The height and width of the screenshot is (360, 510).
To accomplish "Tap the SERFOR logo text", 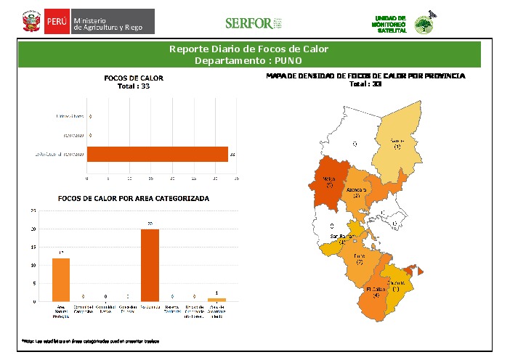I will tap(248, 23).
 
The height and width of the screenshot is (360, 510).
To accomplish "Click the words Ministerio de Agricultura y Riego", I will tap(113, 22).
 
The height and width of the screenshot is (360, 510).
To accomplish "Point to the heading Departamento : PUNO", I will tap(249, 60).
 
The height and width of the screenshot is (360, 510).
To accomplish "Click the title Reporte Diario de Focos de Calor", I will tap(249, 49).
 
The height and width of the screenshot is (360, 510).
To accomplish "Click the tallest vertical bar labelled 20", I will tap(150, 265).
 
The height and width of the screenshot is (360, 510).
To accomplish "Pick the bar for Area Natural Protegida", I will tap(61, 279).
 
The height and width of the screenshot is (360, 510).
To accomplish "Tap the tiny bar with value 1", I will tap(216, 299).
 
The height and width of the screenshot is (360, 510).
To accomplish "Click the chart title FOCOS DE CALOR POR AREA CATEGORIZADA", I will tap(134, 198).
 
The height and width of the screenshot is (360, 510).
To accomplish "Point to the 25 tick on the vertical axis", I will tap(33, 210).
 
